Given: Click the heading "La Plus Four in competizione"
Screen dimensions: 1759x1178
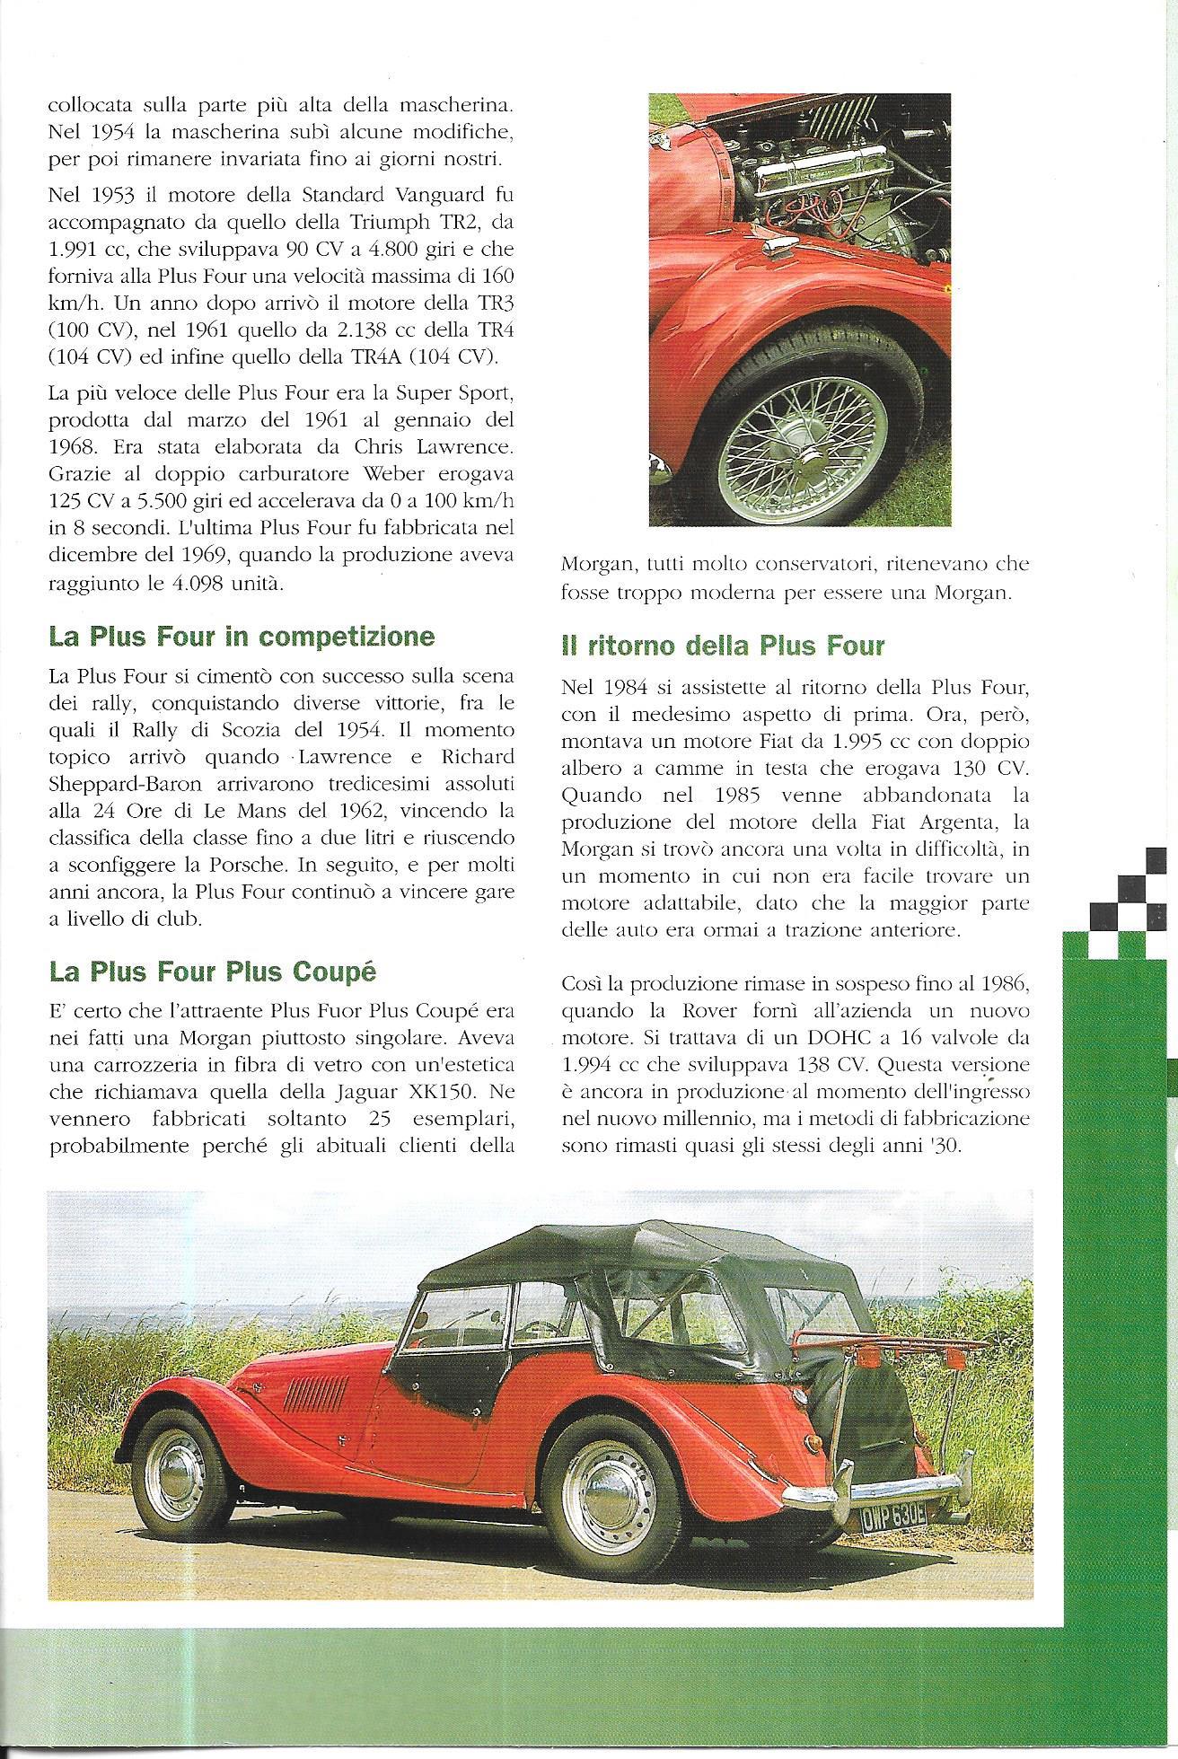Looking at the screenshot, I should click(x=242, y=638).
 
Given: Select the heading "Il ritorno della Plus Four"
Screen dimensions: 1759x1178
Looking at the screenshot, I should click(x=723, y=646).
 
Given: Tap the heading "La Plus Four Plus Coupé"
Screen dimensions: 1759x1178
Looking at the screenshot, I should click(x=212, y=972).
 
